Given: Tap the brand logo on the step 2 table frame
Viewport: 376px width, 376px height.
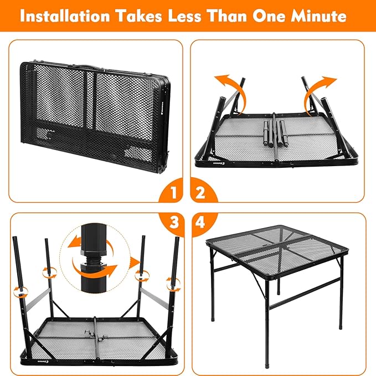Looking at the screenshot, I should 204,164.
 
